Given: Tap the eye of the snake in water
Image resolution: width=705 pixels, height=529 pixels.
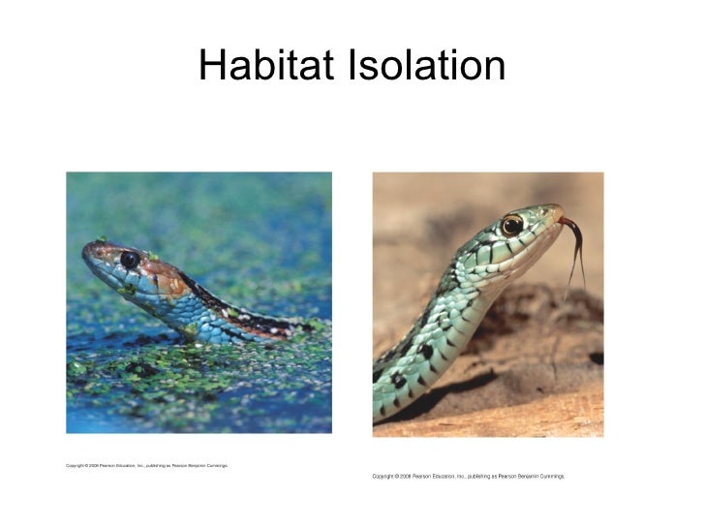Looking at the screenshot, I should (x=129, y=260).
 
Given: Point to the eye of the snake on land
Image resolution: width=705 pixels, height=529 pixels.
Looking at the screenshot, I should (x=512, y=225).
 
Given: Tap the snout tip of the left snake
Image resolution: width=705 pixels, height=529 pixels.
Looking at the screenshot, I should (x=86, y=250).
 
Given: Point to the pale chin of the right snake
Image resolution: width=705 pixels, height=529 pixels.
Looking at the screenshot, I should (x=528, y=254).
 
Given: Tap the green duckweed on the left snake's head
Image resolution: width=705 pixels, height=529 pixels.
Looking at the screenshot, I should (x=102, y=240).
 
